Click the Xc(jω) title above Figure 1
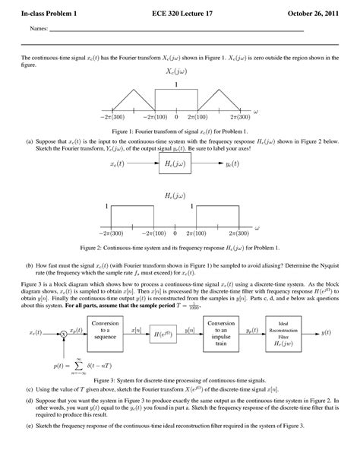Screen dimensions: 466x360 tap(176, 72)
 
